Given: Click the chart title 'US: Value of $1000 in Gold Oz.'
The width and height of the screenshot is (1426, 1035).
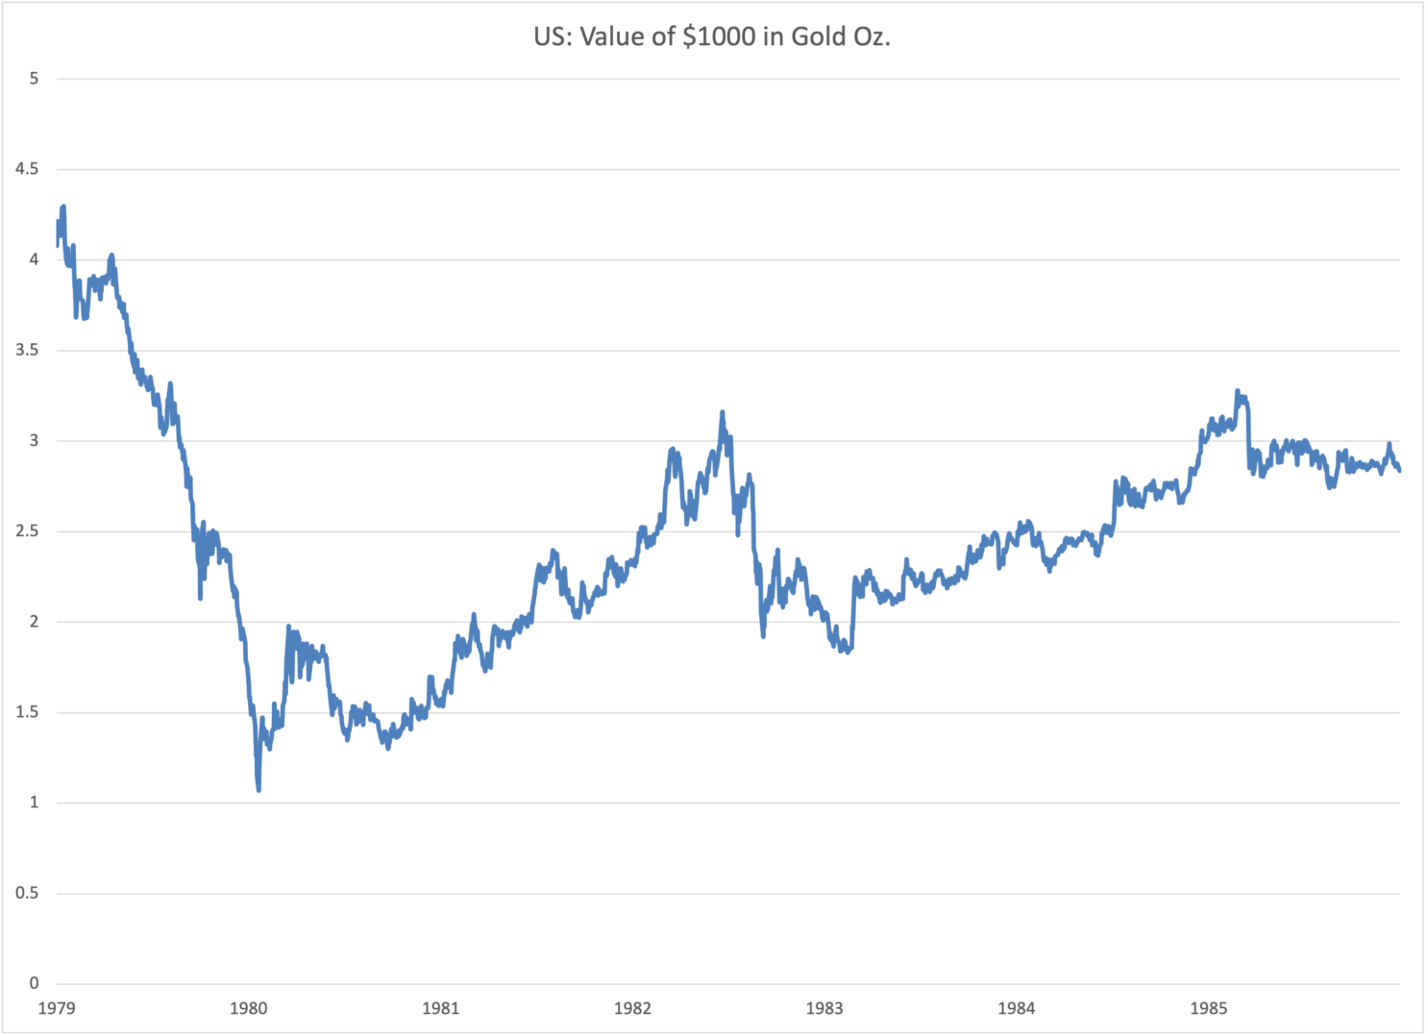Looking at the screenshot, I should click(712, 37).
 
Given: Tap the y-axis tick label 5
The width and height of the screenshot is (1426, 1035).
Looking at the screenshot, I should click(35, 79).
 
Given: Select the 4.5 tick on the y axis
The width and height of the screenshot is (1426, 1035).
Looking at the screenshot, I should click(28, 169).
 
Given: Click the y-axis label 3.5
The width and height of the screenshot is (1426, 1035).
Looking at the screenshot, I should click(28, 350).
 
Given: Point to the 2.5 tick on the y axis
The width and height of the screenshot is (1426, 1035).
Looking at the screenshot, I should click(28, 531).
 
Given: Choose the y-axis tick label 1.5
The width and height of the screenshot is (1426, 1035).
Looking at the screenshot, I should click(28, 712).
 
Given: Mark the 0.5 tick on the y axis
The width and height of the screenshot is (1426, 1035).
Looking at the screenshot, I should click(28, 893).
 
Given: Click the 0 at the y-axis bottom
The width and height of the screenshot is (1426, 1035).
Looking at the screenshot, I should click(35, 983).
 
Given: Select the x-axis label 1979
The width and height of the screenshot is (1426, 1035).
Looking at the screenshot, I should click(57, 1008).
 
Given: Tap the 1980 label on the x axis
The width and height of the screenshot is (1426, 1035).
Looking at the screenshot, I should click(249, 1008).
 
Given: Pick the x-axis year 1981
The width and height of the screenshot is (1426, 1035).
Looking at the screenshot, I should click(441, 1008).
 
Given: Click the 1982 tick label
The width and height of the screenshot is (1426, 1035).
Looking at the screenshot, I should click(632, 1008).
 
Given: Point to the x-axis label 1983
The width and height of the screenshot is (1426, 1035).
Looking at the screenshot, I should click(824, 1008).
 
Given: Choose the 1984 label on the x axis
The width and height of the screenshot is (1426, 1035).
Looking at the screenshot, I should click(1017, 1008).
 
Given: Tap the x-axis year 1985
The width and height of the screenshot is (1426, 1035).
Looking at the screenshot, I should click(1209, 1008).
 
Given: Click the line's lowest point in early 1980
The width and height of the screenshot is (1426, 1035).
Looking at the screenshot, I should click(258, 790).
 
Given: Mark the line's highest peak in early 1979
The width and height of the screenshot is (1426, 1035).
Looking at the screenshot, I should click(63, 207).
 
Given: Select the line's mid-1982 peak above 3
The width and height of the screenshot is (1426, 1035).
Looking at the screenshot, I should click(722, 413).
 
